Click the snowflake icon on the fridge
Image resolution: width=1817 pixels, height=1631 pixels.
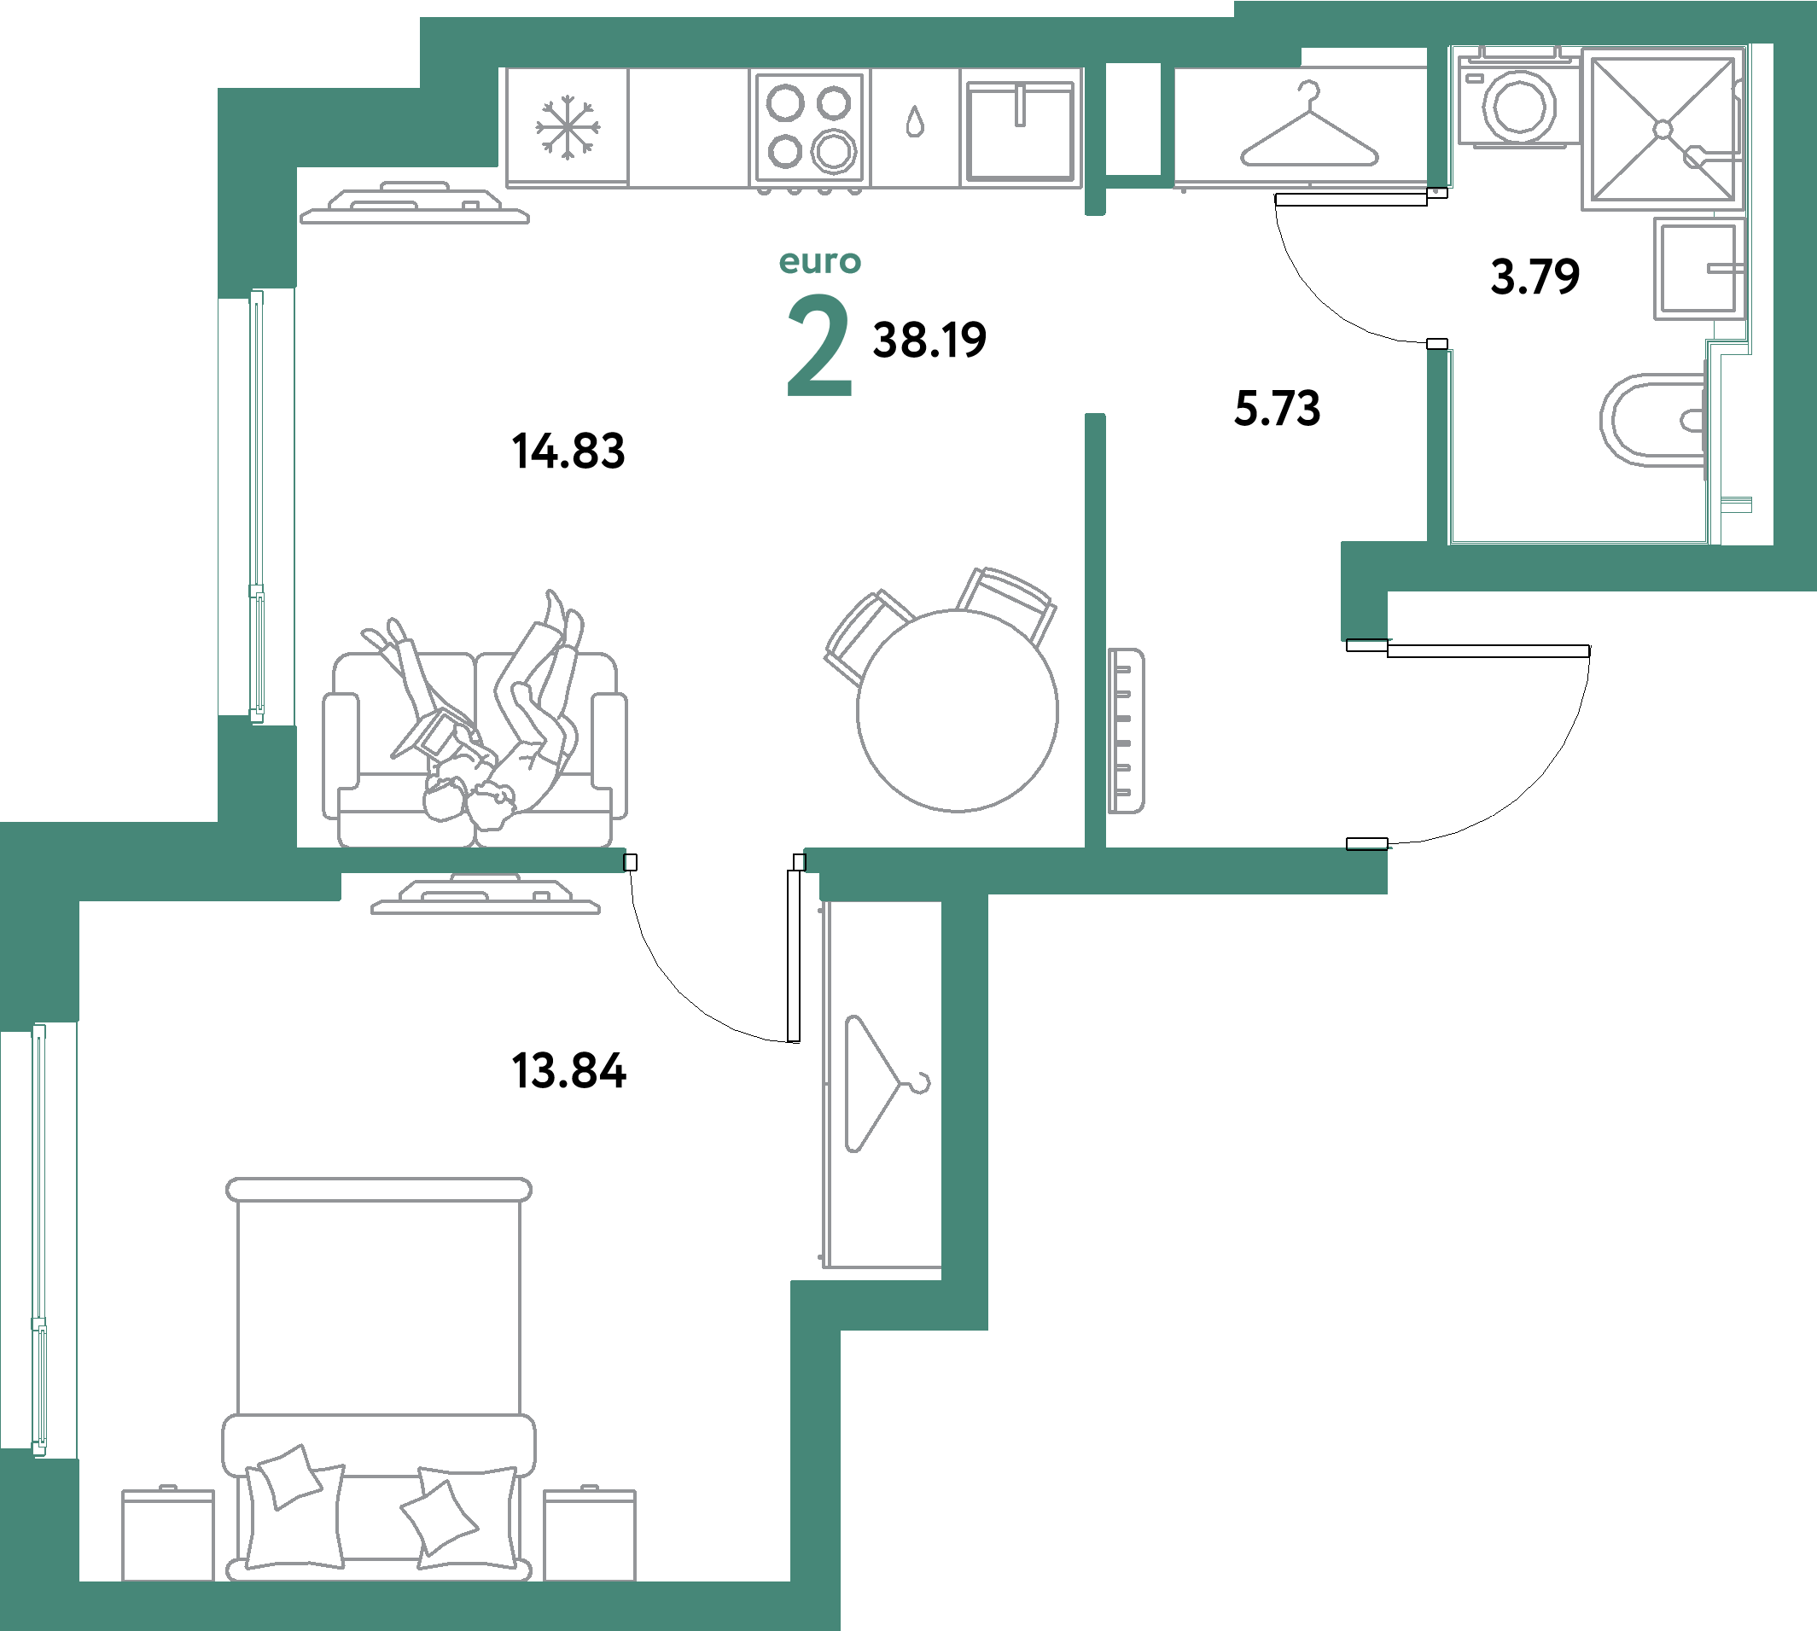tap(568, 129)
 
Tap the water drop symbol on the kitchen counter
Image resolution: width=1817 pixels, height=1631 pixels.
tap(914, 122)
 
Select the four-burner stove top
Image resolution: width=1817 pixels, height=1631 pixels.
tap(810, 128)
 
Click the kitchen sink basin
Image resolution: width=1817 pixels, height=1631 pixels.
tap(1020, 131)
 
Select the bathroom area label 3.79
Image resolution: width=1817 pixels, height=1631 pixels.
tap(1534, 276)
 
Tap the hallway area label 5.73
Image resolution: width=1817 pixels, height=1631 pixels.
tap(1277, 409)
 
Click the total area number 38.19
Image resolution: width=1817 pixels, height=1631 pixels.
tap(929, 341)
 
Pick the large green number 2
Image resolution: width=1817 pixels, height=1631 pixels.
tap(818, 346)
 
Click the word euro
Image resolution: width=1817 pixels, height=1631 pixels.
tap(820, 262)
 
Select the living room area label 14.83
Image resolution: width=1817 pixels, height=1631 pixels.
tap(568, 450)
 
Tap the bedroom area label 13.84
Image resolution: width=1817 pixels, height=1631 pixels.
tap(568, 1070)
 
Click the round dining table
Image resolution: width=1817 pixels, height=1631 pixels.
tap(957, 711)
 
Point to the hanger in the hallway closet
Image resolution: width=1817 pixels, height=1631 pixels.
tap(1309, 129)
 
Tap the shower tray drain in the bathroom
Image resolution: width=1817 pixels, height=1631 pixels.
tap(1663, 130)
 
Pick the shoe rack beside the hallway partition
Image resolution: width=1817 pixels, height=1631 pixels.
tap(1126, 731)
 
